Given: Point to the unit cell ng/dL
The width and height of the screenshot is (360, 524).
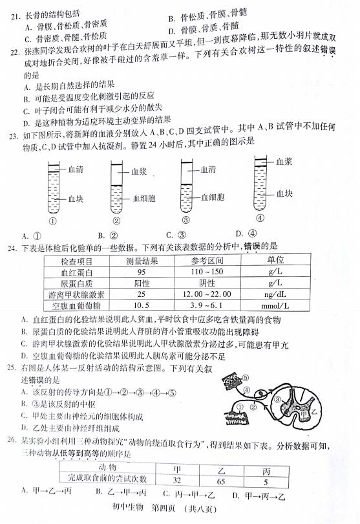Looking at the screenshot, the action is (280, 294).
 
